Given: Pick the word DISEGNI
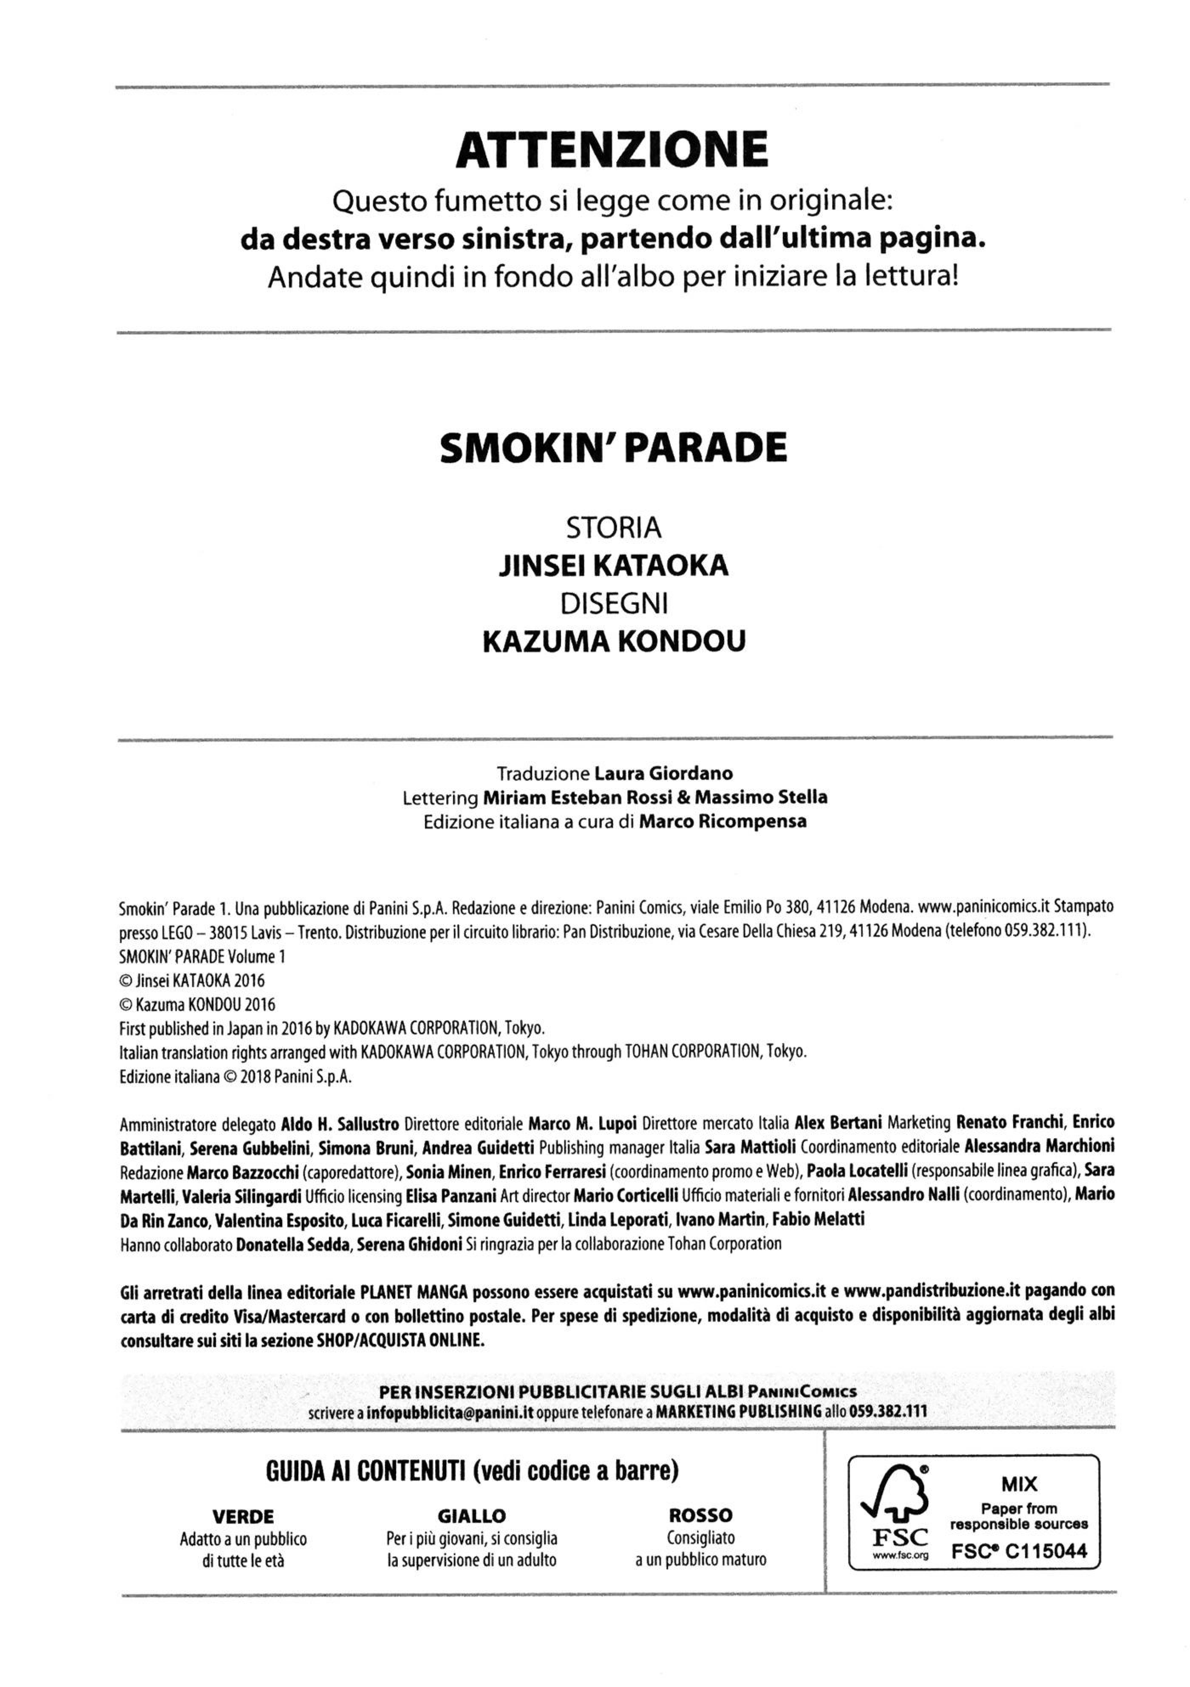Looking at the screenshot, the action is [613, 603].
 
